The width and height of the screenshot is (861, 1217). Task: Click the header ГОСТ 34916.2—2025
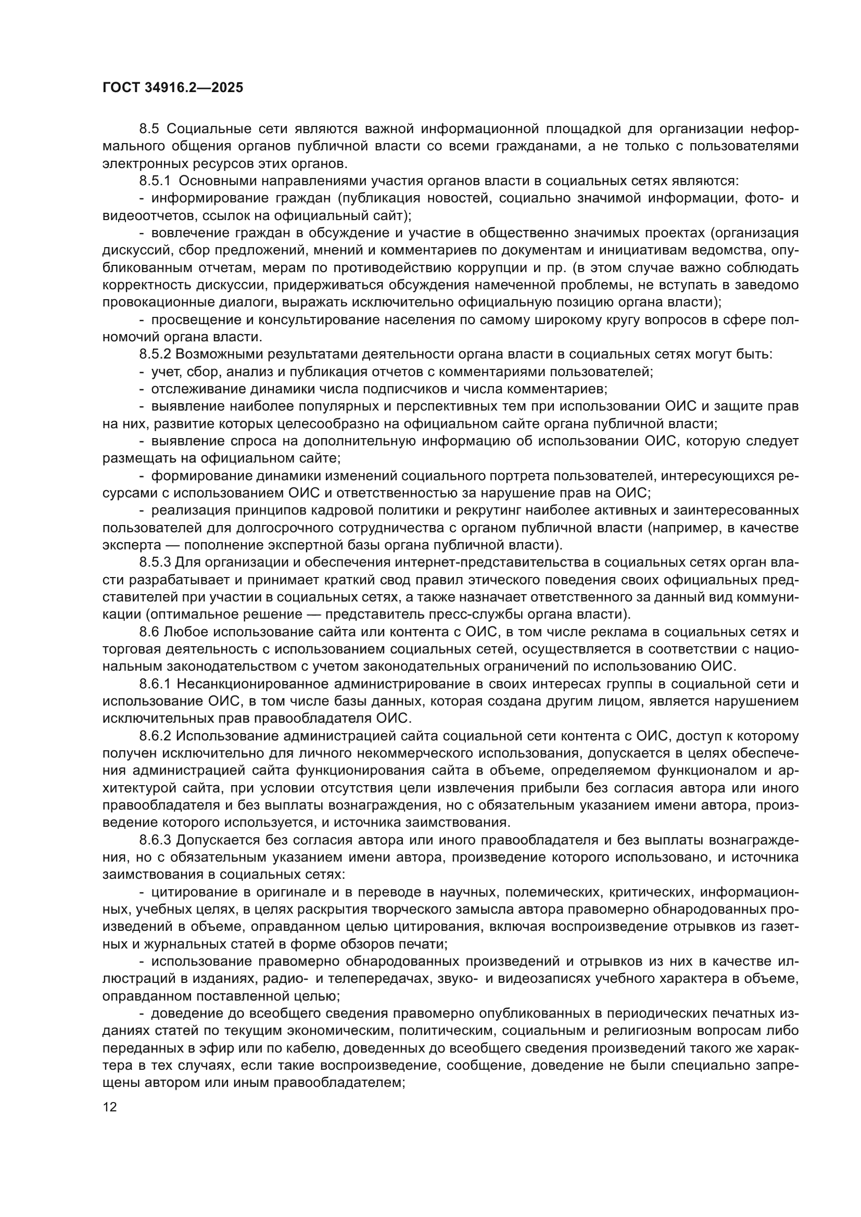tap(173, 88)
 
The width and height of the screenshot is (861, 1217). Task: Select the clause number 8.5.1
tap(155, 181)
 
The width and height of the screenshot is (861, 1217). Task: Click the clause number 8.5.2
tap(155, 354)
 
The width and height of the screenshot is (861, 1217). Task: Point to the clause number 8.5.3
tap(155, 562)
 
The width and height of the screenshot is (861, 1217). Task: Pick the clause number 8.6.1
tap(155, 684)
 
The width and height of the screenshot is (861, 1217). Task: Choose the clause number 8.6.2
tap(155, 736)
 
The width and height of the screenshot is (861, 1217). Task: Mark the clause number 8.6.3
tap(155, 840)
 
